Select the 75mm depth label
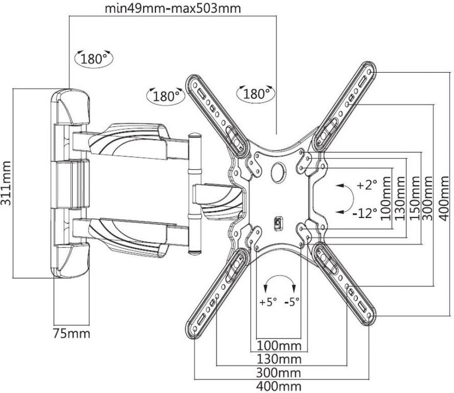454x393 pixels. pyautogui.click(x=72, y=334)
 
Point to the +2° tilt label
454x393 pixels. pyautogui.click(x=367, y=186)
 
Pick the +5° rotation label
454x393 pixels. pyautogui.click(x=267, y=301)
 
